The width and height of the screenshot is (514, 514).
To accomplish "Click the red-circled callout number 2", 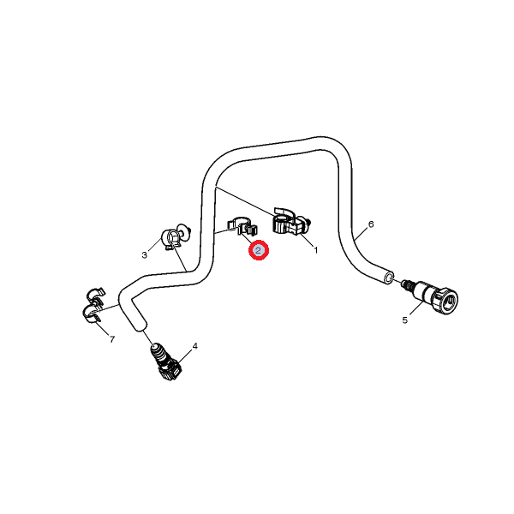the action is (x=259, y=251).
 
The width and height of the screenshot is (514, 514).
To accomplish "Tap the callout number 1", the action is (x=316, y=250).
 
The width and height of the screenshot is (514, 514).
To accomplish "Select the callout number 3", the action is (x=144, y=255).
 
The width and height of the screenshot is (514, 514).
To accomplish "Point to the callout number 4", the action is (x=195, y=346).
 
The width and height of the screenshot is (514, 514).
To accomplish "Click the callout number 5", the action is (x=405, y=320).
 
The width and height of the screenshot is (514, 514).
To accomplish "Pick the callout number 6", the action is (x=371, y=224).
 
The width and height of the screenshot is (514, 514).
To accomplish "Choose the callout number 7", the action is (x=112, y=339).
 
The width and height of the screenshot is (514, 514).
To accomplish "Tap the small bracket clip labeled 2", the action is (x=242, y=226).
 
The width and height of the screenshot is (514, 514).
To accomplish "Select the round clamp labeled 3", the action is (x=176, y=236).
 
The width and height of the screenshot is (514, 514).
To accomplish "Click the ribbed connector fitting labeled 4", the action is (x=166, y=362).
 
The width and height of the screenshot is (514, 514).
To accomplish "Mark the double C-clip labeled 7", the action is (x=93, y=305).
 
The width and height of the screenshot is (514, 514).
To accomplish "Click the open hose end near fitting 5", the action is (x=389, y=278).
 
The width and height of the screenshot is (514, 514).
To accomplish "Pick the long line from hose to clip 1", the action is (x=244, y=201).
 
